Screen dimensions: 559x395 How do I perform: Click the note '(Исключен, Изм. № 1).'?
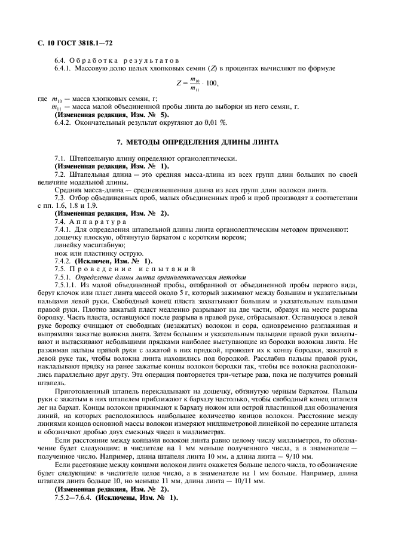[x=114, y=261]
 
